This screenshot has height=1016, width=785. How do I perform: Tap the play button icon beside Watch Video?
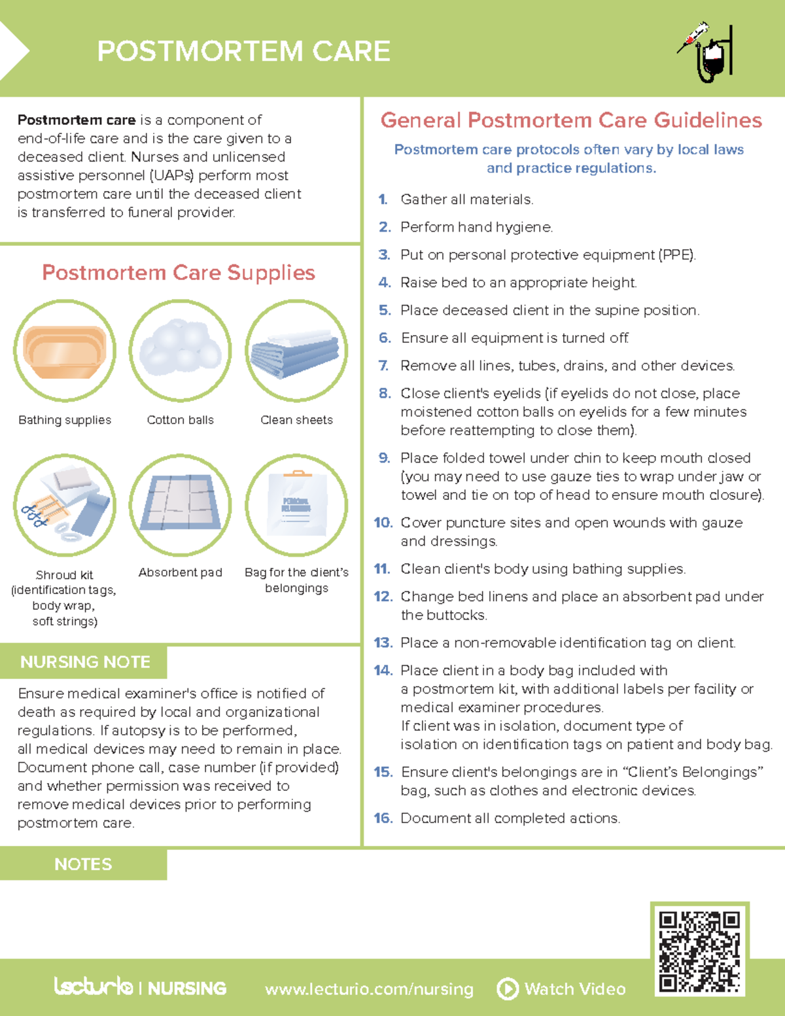508,989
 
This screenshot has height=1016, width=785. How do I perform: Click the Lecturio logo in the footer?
94,986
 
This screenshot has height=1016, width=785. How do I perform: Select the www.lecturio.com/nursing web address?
369,989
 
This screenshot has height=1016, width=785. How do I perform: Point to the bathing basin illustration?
65,351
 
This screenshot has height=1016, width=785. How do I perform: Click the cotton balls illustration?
181,351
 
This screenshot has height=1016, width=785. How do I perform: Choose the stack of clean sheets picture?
296,351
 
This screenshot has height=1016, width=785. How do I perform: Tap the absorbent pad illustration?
181,505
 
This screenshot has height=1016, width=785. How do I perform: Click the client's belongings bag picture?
296,505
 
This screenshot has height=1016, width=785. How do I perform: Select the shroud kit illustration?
65,505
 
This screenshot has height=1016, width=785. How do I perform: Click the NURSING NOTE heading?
85,662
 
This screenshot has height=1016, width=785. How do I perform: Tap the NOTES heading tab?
83,864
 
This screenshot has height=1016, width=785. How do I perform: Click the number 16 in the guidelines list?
383,818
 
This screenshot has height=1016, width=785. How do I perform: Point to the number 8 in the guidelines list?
385,394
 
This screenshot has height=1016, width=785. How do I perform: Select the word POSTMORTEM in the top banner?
200,51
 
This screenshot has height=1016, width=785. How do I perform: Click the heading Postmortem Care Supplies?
179,272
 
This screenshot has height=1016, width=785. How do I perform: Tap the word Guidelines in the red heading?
708,120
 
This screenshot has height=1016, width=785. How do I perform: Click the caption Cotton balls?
181,420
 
